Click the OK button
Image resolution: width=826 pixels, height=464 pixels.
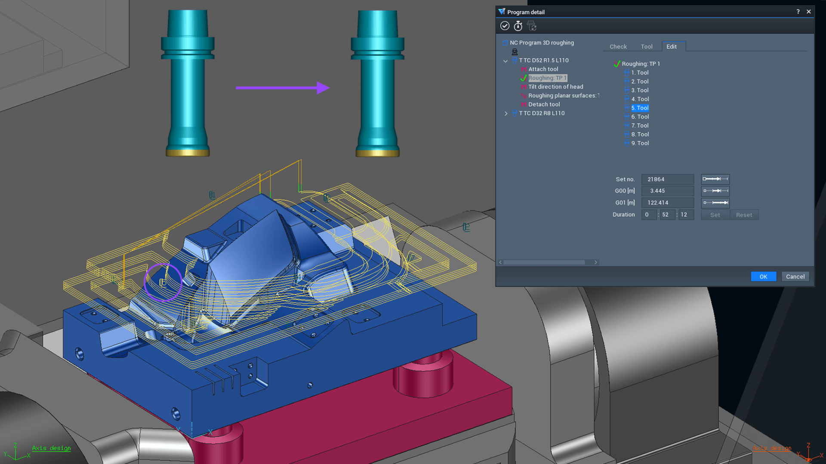click(x=763, y=277)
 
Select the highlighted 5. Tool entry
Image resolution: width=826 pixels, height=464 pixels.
click(x=640, y=108)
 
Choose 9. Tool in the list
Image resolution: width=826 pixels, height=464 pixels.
click(x=640, y=143)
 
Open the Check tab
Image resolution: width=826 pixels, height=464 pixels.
click(x=618, y=46)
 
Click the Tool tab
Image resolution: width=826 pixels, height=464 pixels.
click(x=646, y=46)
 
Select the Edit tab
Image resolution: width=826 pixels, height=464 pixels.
click(x=672, y=46)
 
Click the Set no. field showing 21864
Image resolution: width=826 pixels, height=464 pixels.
click(x=667, y=179)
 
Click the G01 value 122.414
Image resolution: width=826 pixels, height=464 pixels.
click(x=667, y=203)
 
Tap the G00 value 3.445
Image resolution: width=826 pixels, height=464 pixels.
click(x=667, y=191)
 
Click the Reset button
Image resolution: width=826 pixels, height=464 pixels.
click(x=744, y=215)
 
